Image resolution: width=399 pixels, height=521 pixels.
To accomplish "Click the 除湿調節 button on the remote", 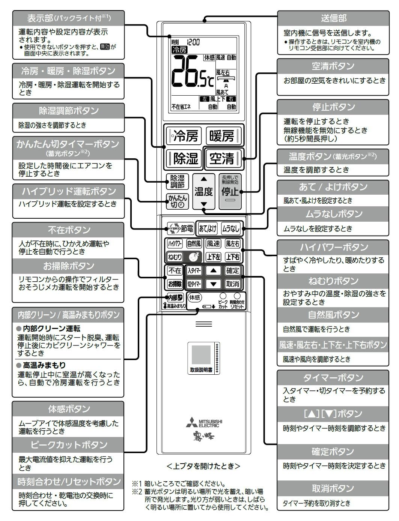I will (177, 182).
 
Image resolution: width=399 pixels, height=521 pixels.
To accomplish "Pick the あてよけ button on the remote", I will (208, 228).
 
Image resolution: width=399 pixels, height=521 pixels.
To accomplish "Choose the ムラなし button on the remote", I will (230, 228).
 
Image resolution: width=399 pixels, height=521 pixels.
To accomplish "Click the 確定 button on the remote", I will (232, 270).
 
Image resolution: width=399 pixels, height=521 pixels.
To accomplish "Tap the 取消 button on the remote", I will (232, 284).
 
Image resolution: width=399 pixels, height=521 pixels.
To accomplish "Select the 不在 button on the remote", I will (175, 270).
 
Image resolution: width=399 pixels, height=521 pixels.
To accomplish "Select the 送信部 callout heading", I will (333, 18).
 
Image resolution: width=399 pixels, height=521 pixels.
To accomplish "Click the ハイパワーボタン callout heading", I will (333, 247).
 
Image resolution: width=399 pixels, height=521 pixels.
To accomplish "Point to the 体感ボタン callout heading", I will (68, 408).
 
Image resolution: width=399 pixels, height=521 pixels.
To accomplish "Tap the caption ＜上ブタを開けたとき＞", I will (203, 466).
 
